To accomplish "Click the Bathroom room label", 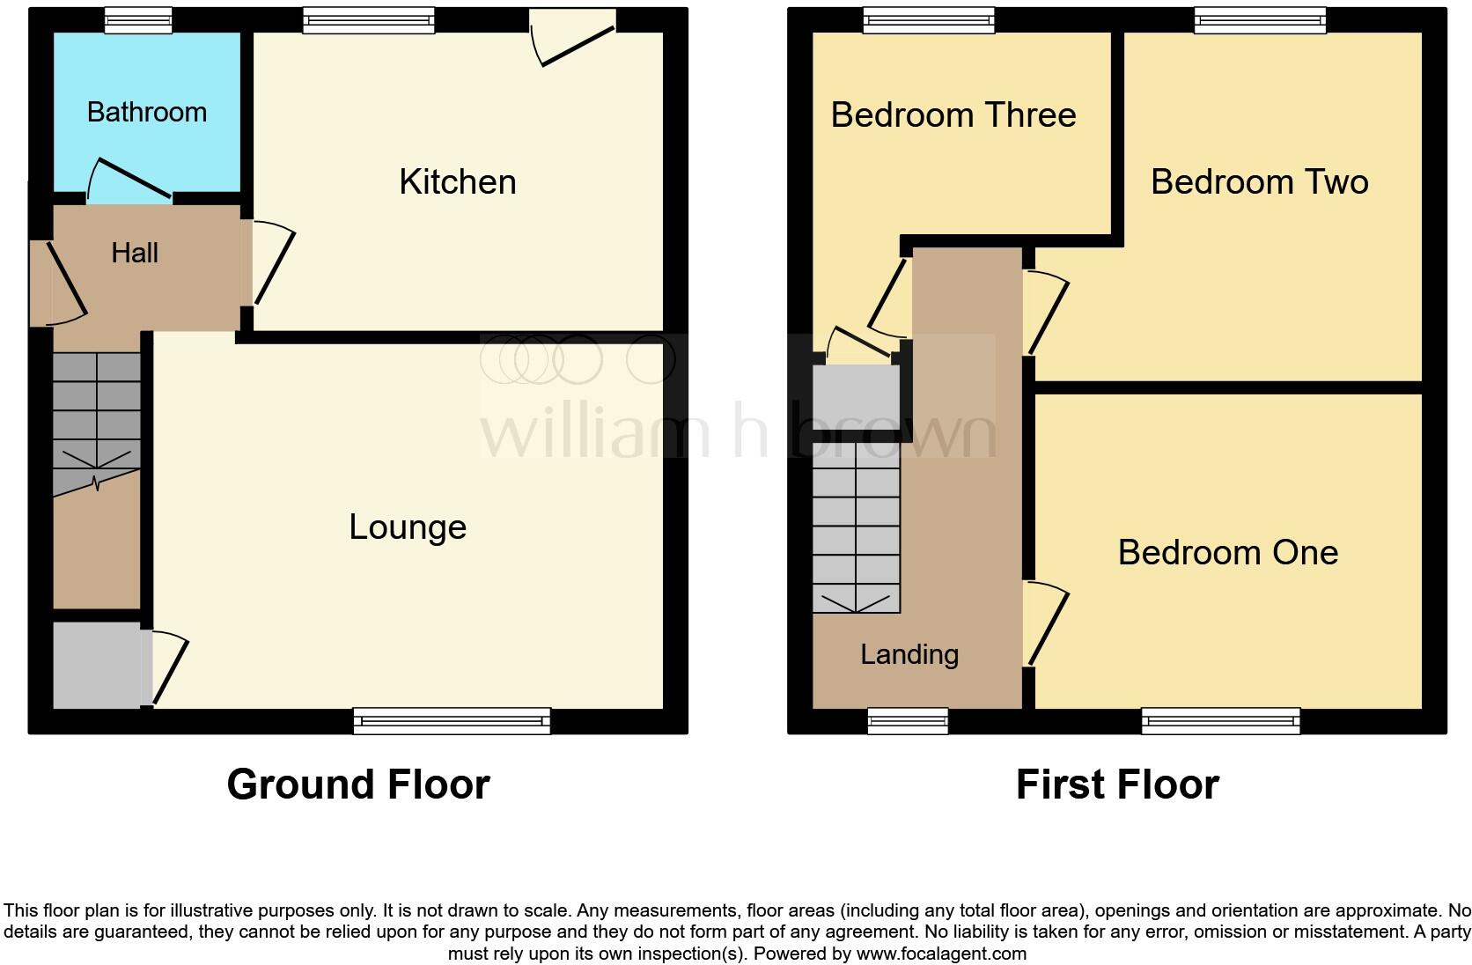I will coord(147,112).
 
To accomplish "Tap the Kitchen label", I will coord(458,181).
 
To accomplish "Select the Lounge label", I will coord(408,527).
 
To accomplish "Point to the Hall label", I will coord(135,253).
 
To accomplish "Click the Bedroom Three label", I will coord(953,115).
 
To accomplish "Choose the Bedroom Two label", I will coord(1259,181).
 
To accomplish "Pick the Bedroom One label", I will coord(1228,552).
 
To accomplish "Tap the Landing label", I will coord(909,654).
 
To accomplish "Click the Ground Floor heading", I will coord(358,784).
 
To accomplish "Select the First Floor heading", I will coord(1117,784).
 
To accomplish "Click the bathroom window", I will coord(138,20).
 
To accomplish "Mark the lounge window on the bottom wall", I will coord(452,721).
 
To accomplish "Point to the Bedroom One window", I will coord(1220,721).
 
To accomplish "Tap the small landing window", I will coord(908,721).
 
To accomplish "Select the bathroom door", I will coord(129,179).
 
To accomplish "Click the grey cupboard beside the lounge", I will coord(97,665).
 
